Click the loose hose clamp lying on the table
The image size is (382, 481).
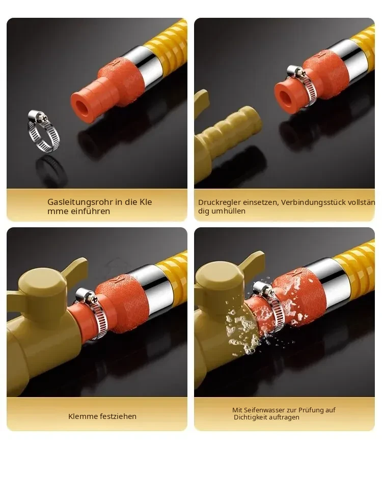click(44, 131)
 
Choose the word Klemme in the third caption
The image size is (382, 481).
click(81, 416)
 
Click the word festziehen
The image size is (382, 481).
click(116, 416)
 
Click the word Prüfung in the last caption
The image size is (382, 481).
click(311, 410)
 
